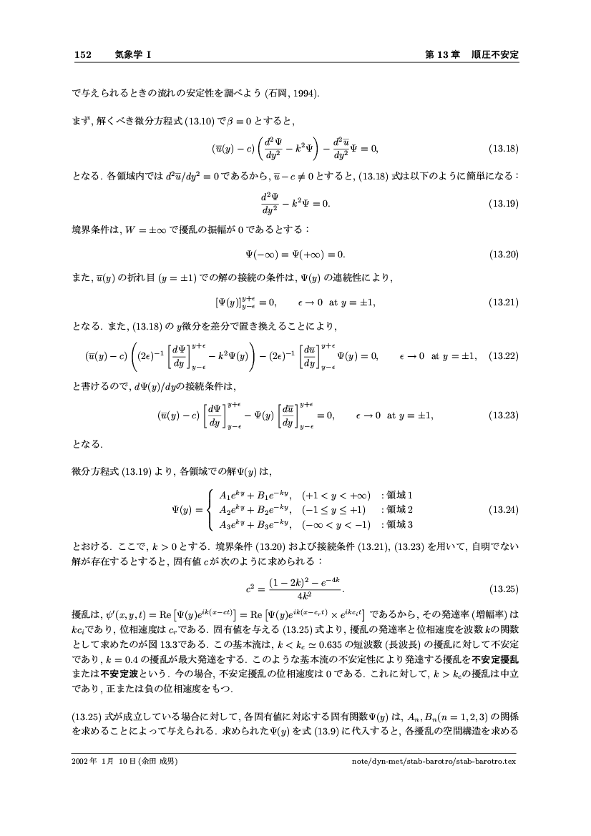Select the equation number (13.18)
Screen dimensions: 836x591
(x=503, y=149)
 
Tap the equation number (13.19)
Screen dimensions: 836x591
(x=503, y=204)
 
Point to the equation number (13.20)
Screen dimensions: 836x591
(x=503, y=254)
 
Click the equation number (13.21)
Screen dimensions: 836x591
(x=503, y=303)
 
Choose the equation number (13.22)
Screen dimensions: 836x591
(x=503, y=355)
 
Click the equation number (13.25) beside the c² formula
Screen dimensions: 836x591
(x=503, y=589)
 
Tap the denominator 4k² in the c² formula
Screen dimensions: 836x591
(x=295, y=596)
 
